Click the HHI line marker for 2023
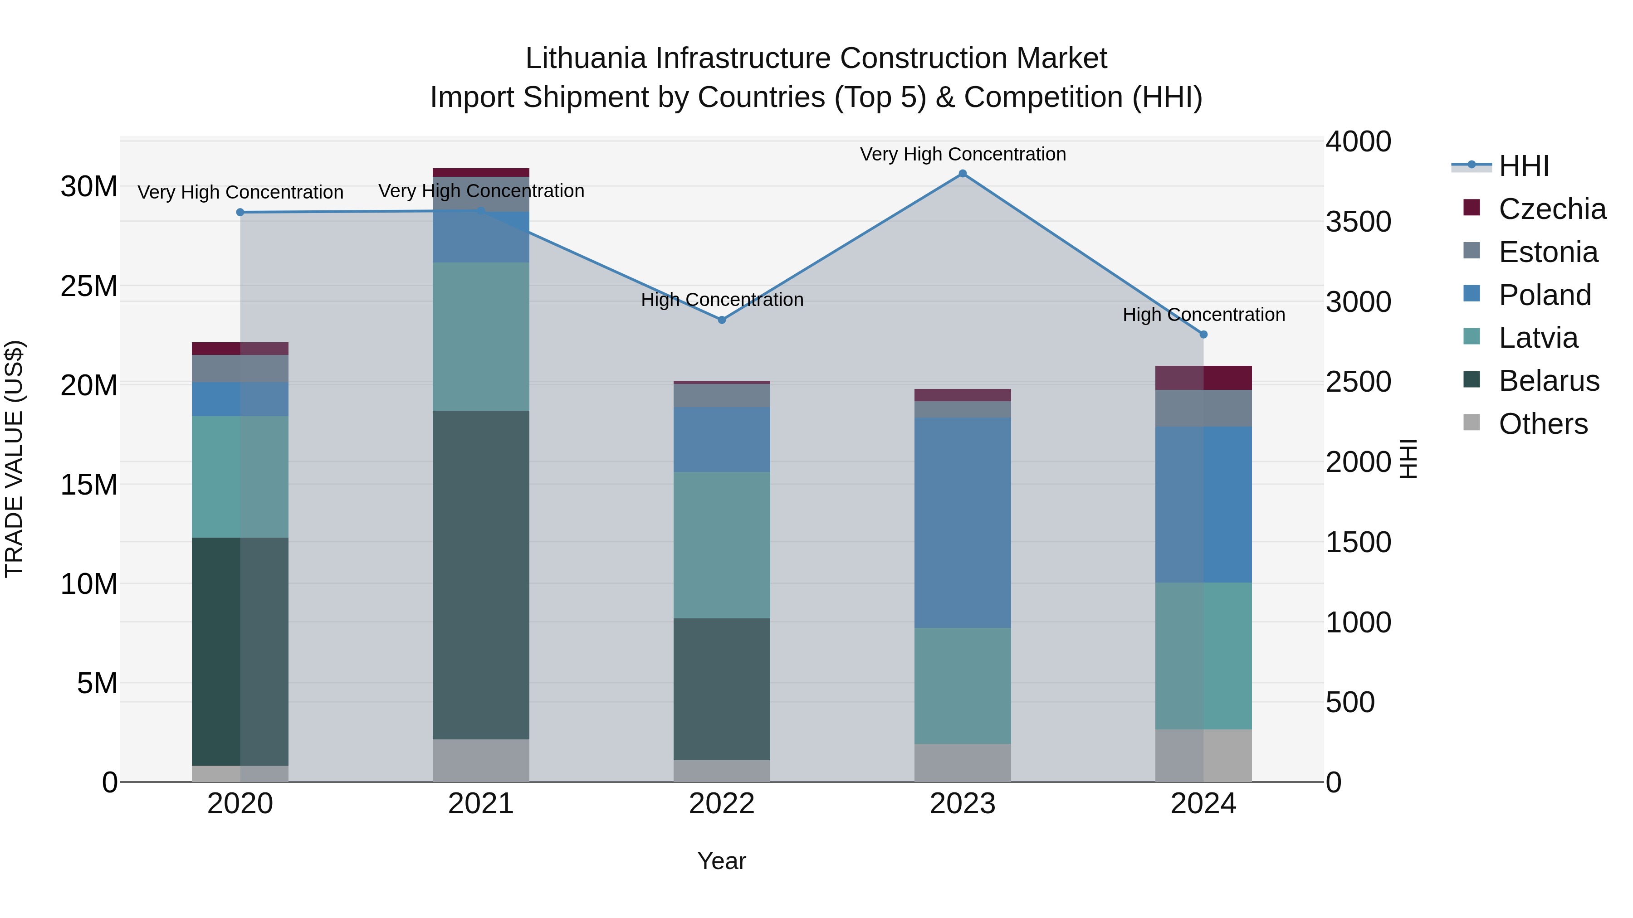[962, 174]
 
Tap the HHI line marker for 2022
[721, 320]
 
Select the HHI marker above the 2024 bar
[1203, 335]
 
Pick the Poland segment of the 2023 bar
[962, 522]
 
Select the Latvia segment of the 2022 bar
[721, 545]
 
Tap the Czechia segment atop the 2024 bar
[1203, 378]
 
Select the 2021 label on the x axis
[480, 804]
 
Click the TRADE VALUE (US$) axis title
[14, 459]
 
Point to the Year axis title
[721, 861]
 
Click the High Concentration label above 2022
[721, 300]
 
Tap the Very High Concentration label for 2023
[962, 154]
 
